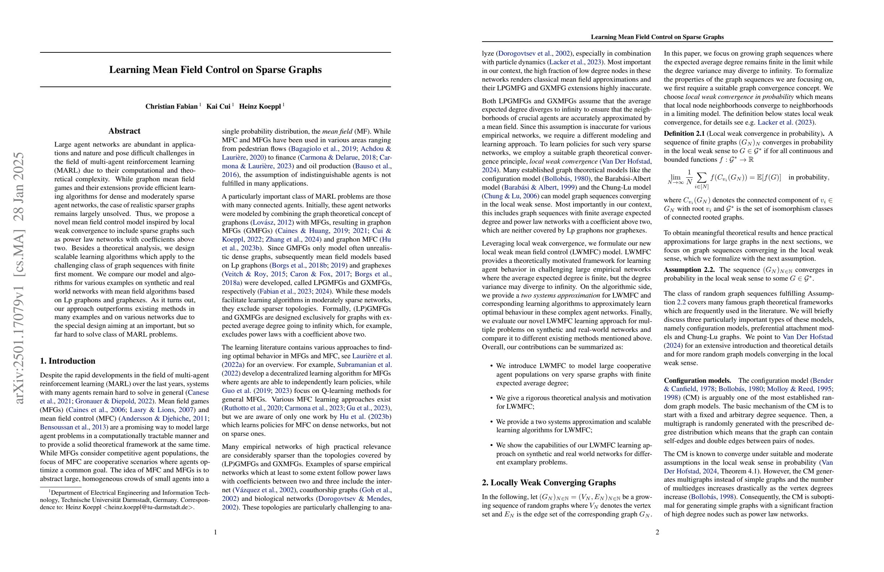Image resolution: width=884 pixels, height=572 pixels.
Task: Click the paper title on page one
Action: (x=215, y=70)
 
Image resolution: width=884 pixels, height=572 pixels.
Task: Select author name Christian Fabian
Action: (x=171, y=107)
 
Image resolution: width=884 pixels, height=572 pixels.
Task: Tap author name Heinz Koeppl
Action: (x=260, y=107)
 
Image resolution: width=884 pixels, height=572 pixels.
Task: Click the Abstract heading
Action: (x=124, y=131)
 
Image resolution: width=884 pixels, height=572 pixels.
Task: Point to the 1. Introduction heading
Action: (x=68, y=361)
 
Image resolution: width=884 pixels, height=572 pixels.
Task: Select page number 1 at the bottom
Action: (x=216, y=532)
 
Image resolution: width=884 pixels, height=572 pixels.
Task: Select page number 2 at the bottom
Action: (x=657, y=532)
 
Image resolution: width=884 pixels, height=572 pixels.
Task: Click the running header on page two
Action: (x=657, y=37)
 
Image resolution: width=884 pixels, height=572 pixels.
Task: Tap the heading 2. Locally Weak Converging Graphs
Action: (x=549, y=482)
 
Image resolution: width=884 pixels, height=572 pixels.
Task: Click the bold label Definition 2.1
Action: (x=684, y=134)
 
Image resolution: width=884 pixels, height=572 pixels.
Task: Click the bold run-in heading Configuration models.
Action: (x=697, y=380)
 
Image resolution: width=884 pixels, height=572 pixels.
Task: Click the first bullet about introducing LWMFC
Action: (x=573, y=374)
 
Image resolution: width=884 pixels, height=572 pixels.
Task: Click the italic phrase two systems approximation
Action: (x=560, y=295)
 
